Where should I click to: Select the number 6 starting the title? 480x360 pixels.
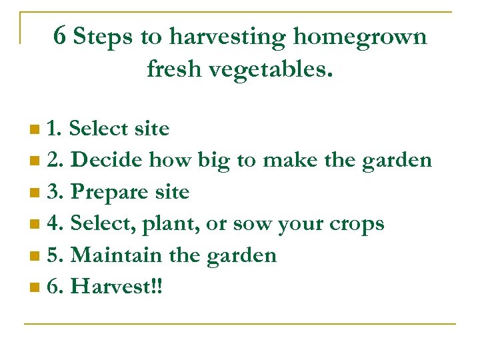pos(59,37)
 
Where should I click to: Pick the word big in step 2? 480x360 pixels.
pos(211,161)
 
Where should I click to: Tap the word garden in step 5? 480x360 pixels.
pos(243,257)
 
